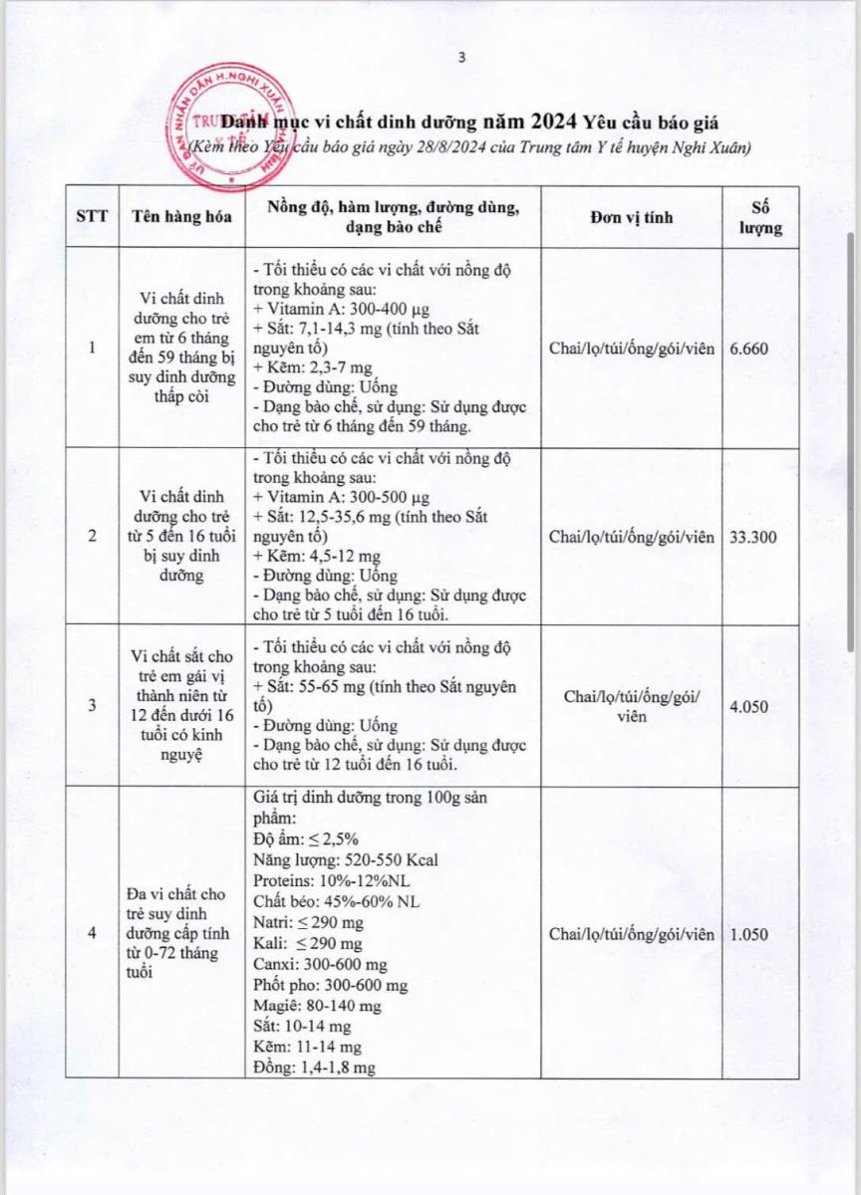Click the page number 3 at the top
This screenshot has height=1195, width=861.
(460, 58)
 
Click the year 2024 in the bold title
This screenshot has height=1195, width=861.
(558, 122)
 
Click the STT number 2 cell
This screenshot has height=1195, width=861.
(93, 537)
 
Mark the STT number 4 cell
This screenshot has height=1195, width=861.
(93, 934)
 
